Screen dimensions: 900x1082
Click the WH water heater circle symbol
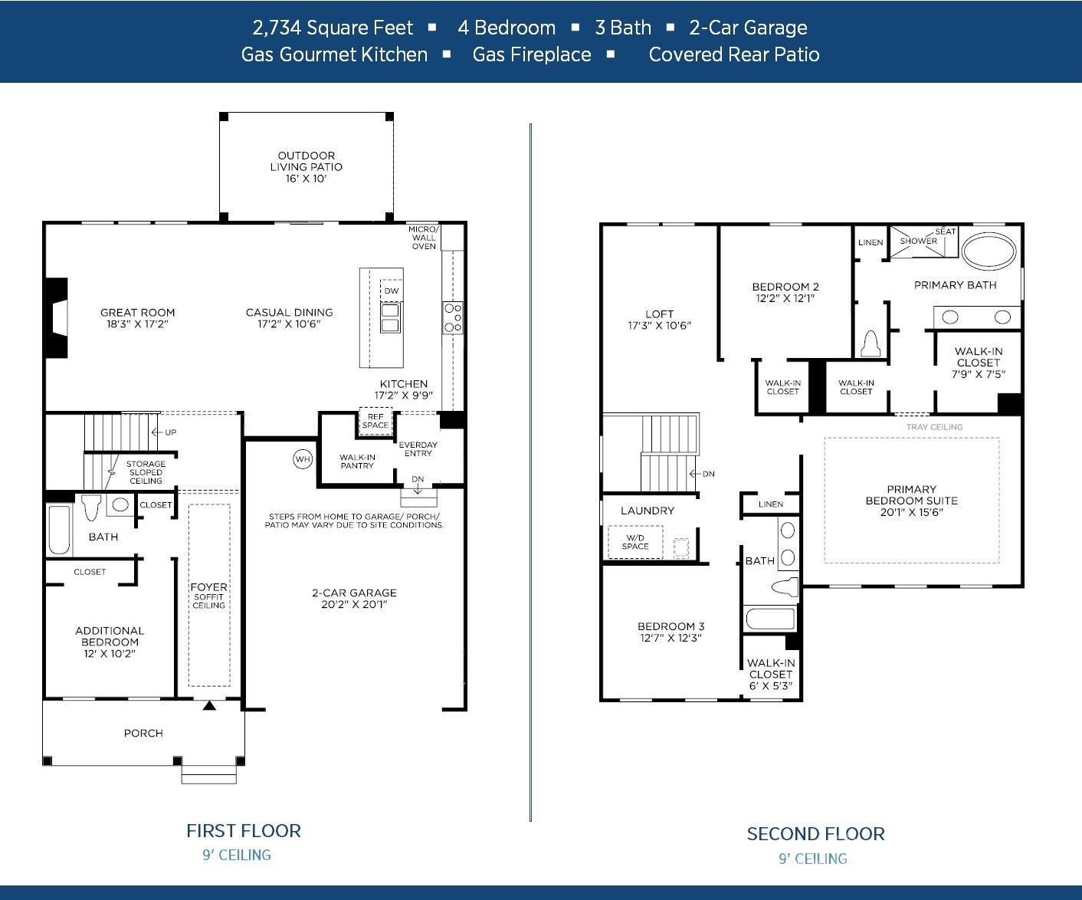[x=303, y=459]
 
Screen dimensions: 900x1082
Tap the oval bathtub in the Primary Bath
[x=989, y=250]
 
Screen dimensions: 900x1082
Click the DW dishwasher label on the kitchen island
[x=391, y=291]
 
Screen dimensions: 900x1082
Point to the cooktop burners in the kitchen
[x=453, y=317]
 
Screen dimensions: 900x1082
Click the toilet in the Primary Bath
[x=870, y=344]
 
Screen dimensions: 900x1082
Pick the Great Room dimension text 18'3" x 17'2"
[x=137, y=324]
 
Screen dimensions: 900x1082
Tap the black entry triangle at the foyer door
[x=209, y=705]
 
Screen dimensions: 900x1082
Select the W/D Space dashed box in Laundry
[x=635, y=542]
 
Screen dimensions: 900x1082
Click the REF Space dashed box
[x=375, y=421]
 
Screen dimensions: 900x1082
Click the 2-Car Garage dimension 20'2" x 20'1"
[x=354, y=604]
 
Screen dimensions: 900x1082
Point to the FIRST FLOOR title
[x=244, y=831]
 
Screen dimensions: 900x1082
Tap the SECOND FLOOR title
[x=815, y=834]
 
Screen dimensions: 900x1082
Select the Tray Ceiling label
[x=934, y=427]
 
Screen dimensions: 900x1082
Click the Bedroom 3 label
[x=671, y=626]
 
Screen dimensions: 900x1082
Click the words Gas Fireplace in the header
[x=532, y=54]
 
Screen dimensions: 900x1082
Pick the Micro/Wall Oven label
[x=423, y=238]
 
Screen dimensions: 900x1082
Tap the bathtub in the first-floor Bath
[x=59, y=530]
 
